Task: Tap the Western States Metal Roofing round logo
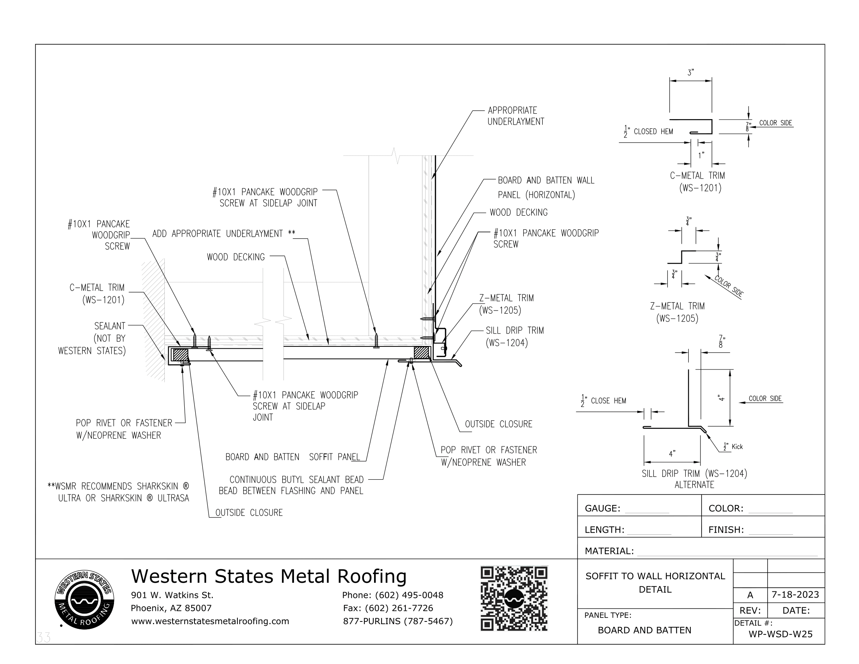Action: pos(85,600)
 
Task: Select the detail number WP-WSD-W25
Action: pos(781,634)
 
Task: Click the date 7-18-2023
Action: pos(795,594)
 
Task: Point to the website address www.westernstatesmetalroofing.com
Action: pos(210,621)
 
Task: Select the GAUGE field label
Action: pos(602,508)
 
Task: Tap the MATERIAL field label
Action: pos(609,551)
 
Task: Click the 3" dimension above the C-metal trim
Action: pos(691,73)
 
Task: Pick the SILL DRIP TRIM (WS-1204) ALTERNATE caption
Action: pos(694,479)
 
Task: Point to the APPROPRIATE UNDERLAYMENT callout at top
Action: pos(516,116)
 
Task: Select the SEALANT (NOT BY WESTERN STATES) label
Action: pos(92,338)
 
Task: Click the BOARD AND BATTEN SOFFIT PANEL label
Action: pos(292,457)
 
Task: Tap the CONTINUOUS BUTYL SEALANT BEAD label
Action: pos(291,485)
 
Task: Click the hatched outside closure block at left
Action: pos(180,355)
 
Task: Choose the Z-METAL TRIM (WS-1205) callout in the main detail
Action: pos(506,304)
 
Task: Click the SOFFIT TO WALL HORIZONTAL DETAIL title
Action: pos(655,583)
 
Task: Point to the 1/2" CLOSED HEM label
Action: pos(649,132)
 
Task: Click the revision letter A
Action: pos(750,595)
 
